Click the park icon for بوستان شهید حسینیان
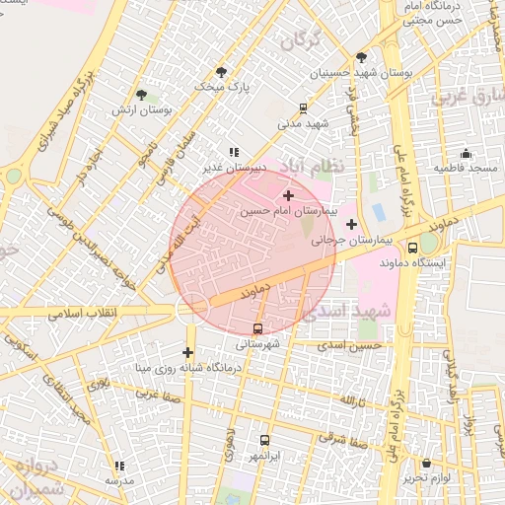[361, 57]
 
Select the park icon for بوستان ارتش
[142, 95]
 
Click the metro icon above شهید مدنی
[303, 108]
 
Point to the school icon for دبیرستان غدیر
[234, 152]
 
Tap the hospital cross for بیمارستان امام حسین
[288, 196]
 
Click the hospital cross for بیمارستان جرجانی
[351, 224]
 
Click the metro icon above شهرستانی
[258, 328]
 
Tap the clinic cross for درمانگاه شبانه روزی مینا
[187, 352]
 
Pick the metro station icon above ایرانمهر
[264, 441]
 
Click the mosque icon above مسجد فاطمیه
[467, 154]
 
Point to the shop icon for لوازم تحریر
[426, 463]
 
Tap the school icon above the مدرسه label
[120, 466]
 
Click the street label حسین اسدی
[357, 346]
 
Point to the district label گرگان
[302, 40]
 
